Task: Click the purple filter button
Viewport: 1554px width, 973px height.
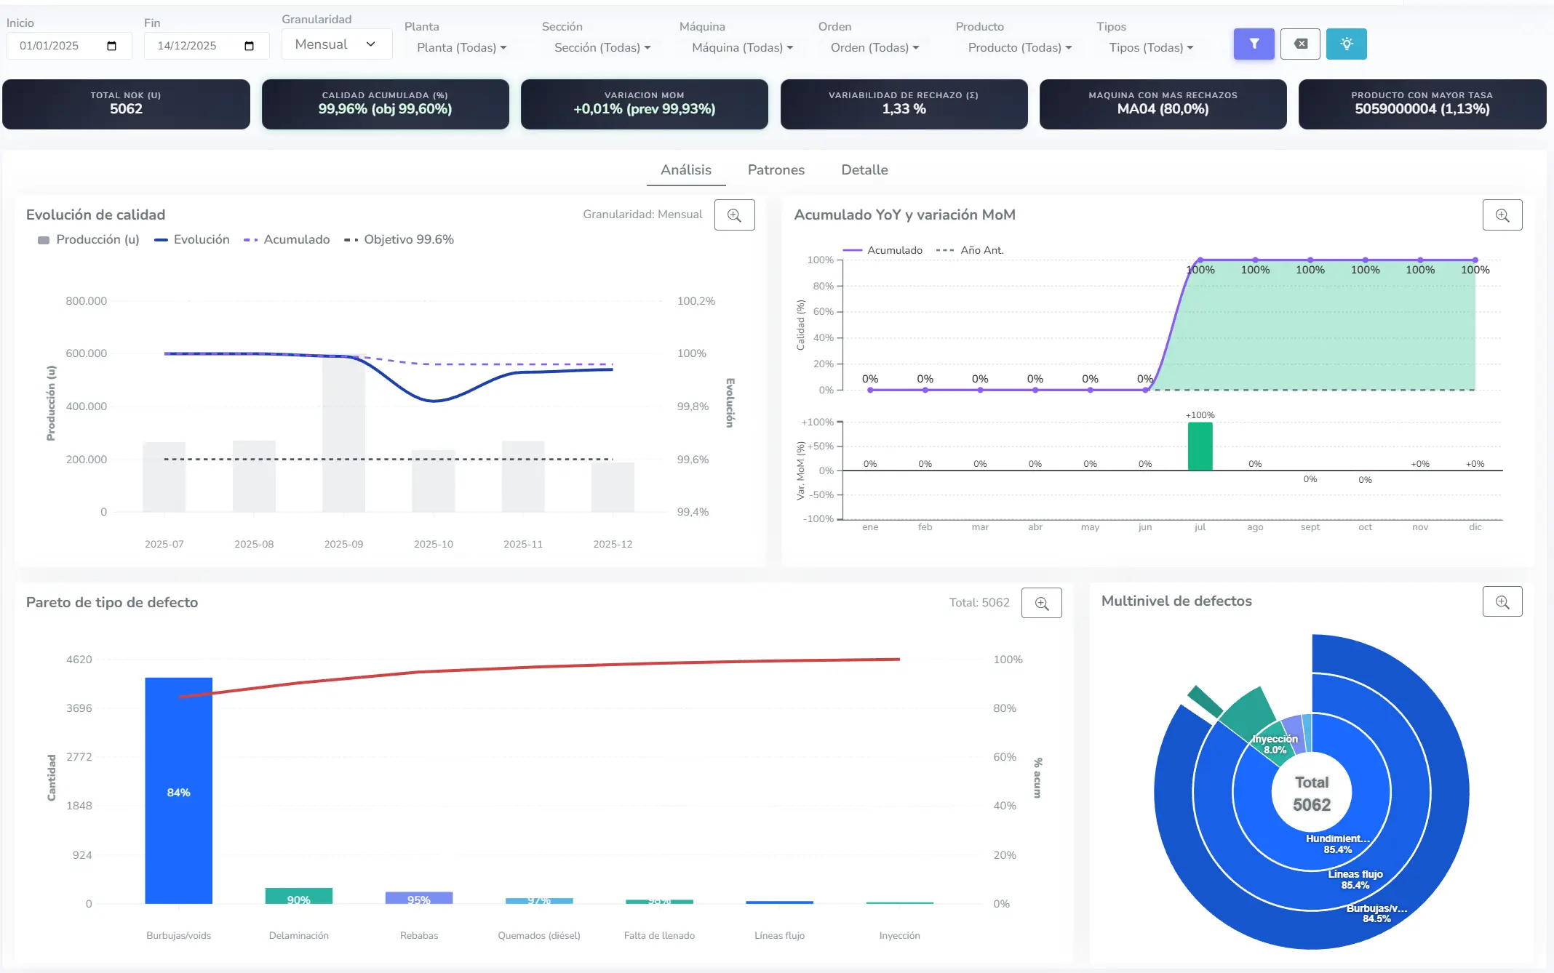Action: click(x=1254, y=44)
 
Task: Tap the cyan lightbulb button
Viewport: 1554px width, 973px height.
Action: click(x=1346, y=44)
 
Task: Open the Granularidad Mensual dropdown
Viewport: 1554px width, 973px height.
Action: click(x=336, y=44)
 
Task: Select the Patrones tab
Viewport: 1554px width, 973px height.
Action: click(x=776, y=169)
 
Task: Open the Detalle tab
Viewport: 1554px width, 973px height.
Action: click(x=864, y=169)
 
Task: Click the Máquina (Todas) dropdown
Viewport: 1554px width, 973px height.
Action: click(x=742, y=47)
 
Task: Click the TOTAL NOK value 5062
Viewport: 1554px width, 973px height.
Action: click(x=126, y=109)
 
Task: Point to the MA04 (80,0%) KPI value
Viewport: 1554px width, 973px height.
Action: click(x=1163, y=109)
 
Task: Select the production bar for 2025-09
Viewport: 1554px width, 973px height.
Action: click(x=343, y=436)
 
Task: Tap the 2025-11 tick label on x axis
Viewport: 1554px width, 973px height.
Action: click(x=522, y=544)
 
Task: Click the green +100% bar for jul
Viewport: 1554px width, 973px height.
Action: click(x=1200, y=447)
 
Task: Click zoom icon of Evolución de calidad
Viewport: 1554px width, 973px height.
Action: click(x=734, y=215)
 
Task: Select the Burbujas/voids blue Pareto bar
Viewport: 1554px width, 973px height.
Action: click(x=178, y=793)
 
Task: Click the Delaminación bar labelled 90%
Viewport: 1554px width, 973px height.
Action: click(x=298, y=896)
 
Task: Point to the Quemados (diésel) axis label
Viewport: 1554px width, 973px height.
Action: click(x=538, y=935)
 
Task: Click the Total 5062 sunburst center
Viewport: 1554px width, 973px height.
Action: click(x=1311, y=793)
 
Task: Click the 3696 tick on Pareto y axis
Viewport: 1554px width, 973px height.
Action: click(x=79, y=708)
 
